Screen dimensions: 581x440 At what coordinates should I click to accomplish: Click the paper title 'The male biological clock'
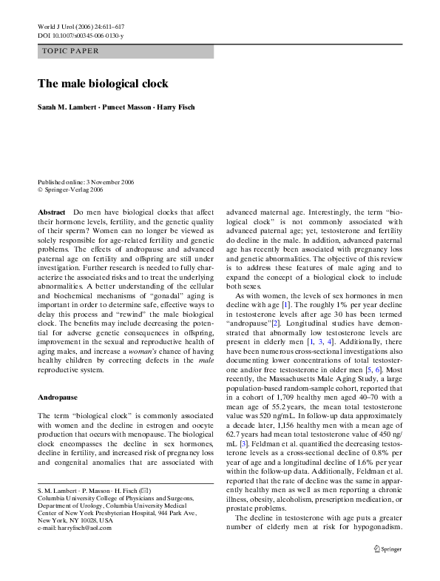(104, 84)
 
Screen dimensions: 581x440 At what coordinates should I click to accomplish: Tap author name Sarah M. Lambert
(71, 107)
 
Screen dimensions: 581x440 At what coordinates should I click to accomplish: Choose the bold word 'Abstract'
(52, 212)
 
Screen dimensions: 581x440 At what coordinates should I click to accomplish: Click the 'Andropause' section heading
(56, 397)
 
